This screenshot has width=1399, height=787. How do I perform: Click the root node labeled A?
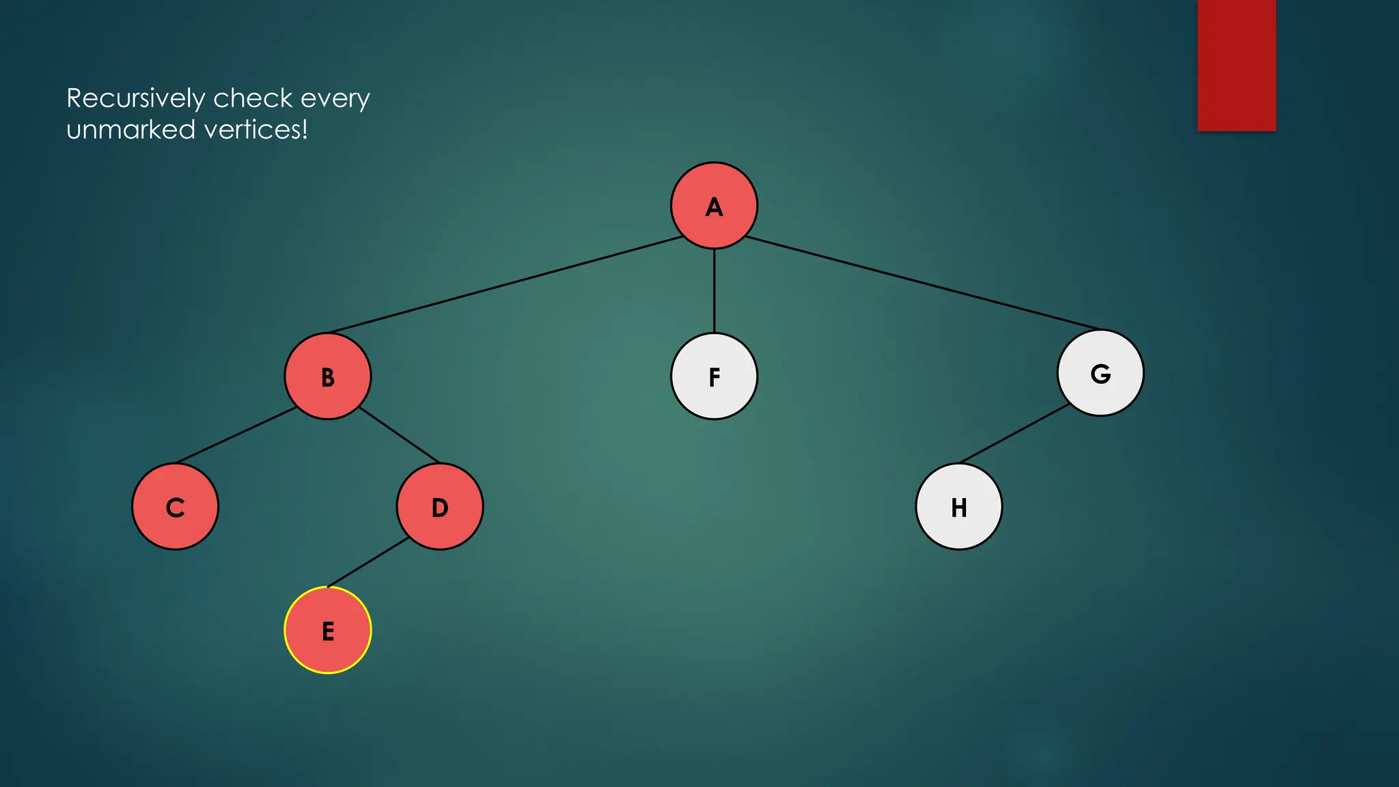pyautogui.click(x=714, y=206)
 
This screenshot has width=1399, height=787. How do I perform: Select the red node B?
pyautogui.click(x=328, y=376)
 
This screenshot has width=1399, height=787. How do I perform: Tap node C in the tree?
pyautogui.click(x=176, y=507)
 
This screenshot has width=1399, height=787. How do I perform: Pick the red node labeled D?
pyautogui.click(x=440, y=507)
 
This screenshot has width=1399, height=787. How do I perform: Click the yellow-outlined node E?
pyautogui.click(x=328, y=631)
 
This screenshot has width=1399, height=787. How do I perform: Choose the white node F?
pyautogui.click(x=714, y=376)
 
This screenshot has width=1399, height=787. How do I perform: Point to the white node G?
pyautogui.click(x=1100, y=373)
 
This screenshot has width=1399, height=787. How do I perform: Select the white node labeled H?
pyautogui.click(x=959, y=507)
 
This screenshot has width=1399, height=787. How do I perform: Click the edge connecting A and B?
pyautogui.click(x=505, y=285)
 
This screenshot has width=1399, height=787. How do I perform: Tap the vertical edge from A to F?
pyautogui.click(x=714, y=291)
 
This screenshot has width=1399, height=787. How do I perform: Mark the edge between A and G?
pyautogui.click(x=922, y=283)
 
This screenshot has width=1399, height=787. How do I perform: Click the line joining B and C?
pyautogui.click(x=236, y=435)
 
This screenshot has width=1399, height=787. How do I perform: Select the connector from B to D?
pyautogui.click(x=399, y=434)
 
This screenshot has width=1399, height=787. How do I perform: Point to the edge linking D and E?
pyautogui.click(x=368, y=562)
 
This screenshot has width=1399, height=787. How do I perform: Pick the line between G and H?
pyautogui.click(x=1015, y=433)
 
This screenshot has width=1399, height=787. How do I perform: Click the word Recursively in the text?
pyautogui.click(x=135, y=99)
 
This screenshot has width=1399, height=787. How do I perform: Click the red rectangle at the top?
pyautogui.click(x=1236, y=65)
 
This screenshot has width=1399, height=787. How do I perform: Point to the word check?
pyautogui.click(x=253, y=99)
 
